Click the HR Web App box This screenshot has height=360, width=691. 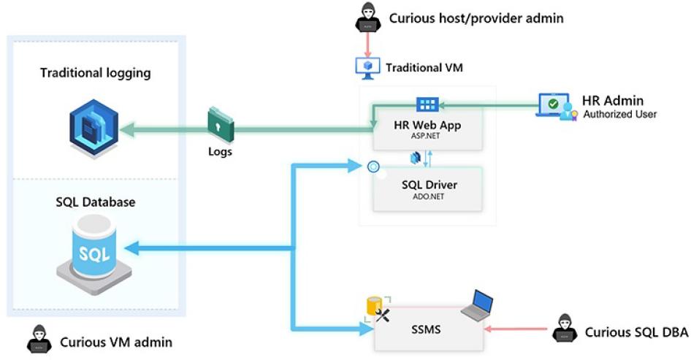pos(428,130)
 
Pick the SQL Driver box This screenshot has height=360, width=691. pos(428,189)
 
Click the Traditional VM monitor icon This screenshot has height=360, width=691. pos(367,67)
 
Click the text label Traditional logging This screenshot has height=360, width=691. pos(96,73)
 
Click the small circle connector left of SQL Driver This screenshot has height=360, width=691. pos(374,166)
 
